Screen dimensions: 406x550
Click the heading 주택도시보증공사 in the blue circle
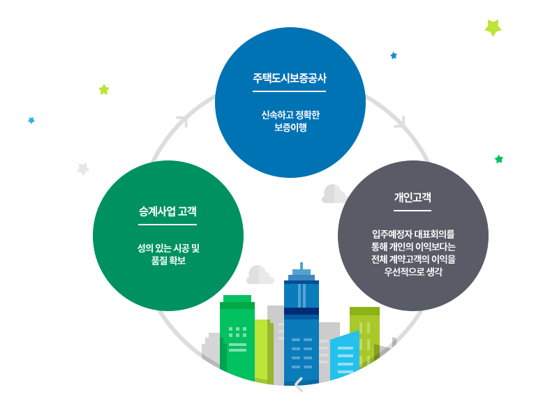(x=290, y=78)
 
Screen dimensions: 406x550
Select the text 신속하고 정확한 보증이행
(x=290, y=121)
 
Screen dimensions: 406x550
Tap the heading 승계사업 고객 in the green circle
(x=168, y=211)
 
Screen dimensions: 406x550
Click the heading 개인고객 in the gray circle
(x=412, y=197)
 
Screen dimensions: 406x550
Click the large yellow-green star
(x=493, y=27)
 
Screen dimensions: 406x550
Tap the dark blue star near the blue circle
(x=394, y=55)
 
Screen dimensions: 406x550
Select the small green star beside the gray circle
(x=499, y=159)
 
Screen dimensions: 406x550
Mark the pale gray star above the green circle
(x=83, y=168)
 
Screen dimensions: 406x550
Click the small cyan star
(x=31, y=120)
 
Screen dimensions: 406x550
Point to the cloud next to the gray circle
(x=334, y=195)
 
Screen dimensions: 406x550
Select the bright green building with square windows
(x=237, y=338)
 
